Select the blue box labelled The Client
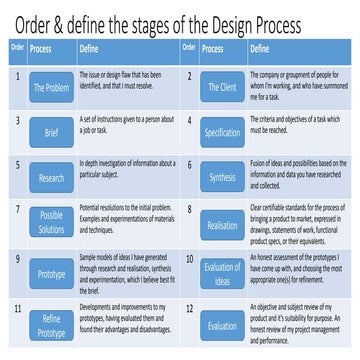[222, 89]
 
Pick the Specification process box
[222, 131]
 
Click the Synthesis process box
[222, 177]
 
